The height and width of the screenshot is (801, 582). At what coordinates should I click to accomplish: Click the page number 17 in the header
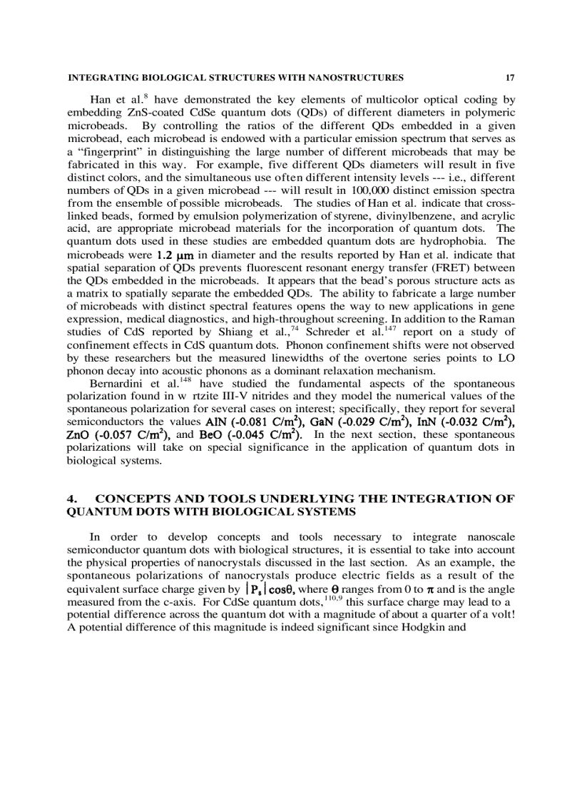pyautogui.click(x=509, y=78)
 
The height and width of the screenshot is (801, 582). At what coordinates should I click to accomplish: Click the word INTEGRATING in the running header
pyautogui.click(x=97, y=78)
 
